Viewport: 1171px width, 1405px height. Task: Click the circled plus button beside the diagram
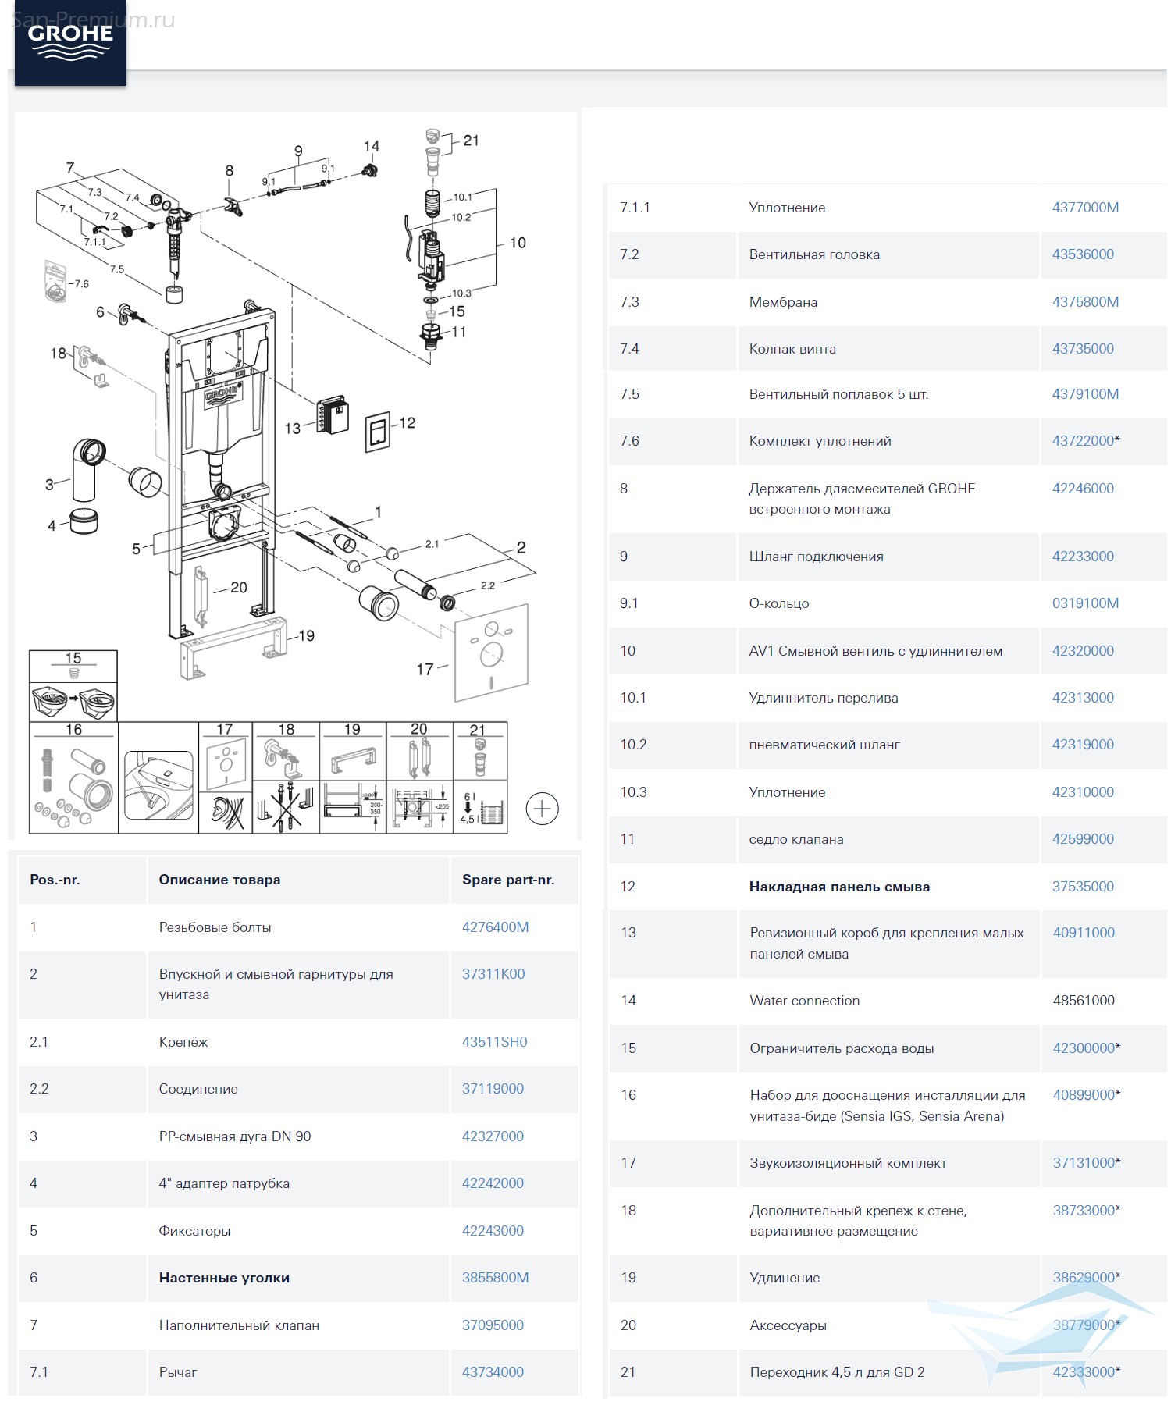tap(542, 809)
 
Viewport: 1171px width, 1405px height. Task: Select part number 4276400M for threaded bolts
tap(495, 927)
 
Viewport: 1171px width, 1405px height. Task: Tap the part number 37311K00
tap(493, 974)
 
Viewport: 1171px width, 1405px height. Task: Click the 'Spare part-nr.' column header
tap(508, 880)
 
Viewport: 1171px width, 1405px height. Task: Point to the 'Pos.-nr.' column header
tap(55, 880)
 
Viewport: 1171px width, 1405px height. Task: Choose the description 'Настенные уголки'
tap(224, 1278)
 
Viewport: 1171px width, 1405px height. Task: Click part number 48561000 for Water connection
tap(1084, 1001)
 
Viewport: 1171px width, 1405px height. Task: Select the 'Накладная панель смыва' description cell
tap(839, 887)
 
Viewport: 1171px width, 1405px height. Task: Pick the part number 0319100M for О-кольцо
tap(1085, 603)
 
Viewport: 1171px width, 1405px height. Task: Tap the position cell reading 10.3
tap(633, 792)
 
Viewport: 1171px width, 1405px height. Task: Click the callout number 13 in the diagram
tap(293, 429)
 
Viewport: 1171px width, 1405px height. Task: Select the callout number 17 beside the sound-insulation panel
tap(425, 669)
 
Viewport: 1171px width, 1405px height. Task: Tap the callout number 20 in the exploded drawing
tap(239, 588)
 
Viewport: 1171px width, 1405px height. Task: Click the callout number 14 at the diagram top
tap(372, 146)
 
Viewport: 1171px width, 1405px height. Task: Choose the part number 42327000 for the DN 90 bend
tap(493, 1136)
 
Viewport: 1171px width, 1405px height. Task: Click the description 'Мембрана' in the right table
tap(783, 302)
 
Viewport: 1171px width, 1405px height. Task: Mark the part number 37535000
tap(1083, 887)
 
